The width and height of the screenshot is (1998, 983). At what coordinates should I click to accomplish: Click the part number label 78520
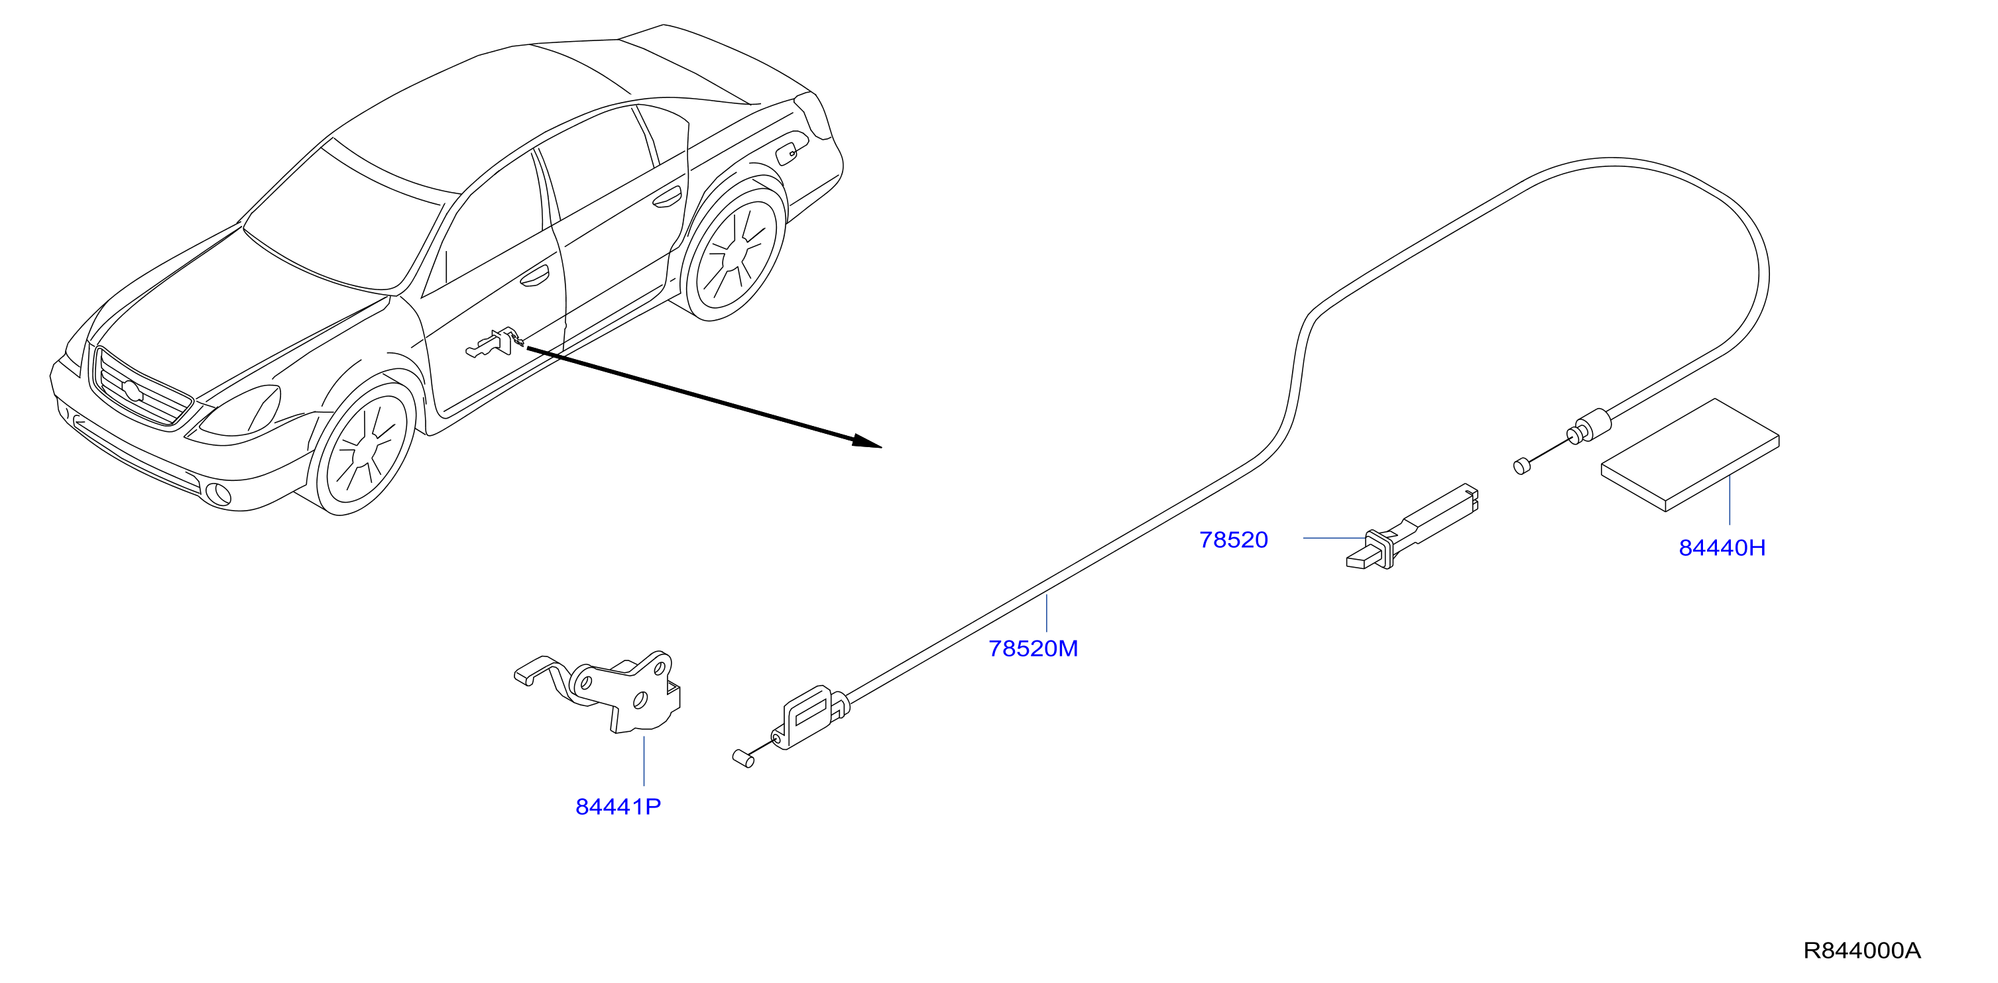pos(1233,540)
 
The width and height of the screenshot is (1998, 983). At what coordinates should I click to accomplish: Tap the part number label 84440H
pos(1722,548)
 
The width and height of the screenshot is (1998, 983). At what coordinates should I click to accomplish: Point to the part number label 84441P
pos(618,807)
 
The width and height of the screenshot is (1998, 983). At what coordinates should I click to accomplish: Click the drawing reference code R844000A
pos(1861,951)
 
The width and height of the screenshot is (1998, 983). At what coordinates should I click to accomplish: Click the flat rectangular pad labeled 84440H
pos(1691,455)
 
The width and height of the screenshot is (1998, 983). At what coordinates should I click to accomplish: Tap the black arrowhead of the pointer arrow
pos(867,442)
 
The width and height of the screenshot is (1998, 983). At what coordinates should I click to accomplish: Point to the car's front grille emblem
pos(133,391)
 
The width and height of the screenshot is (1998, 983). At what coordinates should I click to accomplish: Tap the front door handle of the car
pos(534,276)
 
